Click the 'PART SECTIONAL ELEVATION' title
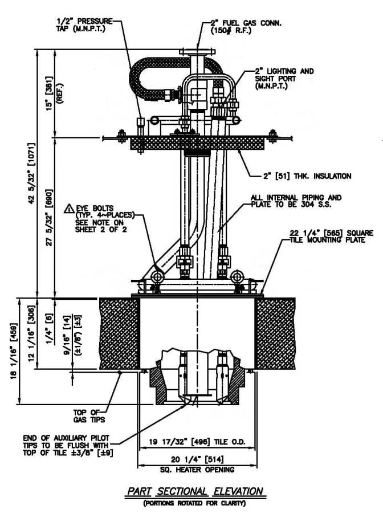pos(195,491)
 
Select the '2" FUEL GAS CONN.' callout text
pos(246,23)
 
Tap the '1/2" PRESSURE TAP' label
pos(84,25)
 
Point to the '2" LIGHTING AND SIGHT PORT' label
pos(284,79)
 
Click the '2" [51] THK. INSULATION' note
pos(307,176)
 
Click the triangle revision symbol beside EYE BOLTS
pos(69,209)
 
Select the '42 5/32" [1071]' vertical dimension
pos(31,173)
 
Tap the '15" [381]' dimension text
pos(49,93)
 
